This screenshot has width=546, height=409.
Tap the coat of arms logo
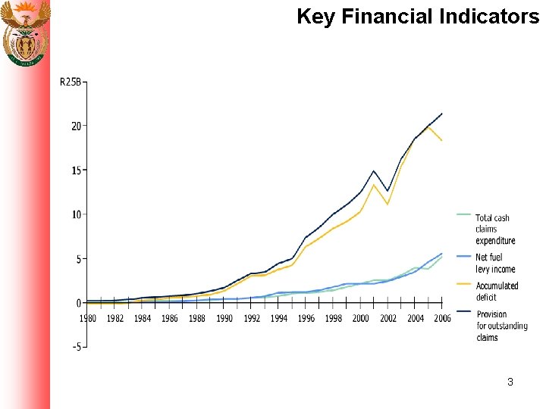pyautogui.click(x=26, y=33)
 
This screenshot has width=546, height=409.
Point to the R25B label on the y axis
pyautogui.click(x=71, y=82)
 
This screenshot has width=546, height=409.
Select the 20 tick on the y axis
pyautogui.click(x=76, y=126)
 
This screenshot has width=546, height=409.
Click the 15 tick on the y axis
pyautogui.click(x=76, y=170)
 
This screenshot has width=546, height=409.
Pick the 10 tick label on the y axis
pyautogui.click(x=76, y=214)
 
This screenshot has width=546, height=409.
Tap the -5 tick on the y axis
pyautogui.click(x=76, y=347)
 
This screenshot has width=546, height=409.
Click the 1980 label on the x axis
pyautogui.click(x=88, y=319)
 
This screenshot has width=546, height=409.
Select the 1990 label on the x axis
pyautogui.click(x=224, y=319)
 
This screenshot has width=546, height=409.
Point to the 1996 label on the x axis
pyautogui.click(x=306, y=319)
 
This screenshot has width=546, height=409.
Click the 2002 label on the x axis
pyautogui.click(x=388, y=319)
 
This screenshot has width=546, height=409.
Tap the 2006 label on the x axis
pyautogui.click(x=441, y=319)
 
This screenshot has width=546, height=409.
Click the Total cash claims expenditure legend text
pyautogui.click(x=495, y=229)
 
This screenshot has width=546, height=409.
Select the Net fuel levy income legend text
pyautogui.click(x=495, y=263)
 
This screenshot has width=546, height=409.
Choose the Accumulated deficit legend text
pyautogui.click(x=497, y=292)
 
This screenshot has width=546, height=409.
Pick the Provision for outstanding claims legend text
pyautogui.click(x=501, y=326)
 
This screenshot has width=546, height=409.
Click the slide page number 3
pyautogui.click(x=510, y=382)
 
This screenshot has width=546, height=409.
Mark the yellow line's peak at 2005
pyautogui.click(x=428, y=127)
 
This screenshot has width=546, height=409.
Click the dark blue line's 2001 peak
pyautogui.click(x=374, y=171)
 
